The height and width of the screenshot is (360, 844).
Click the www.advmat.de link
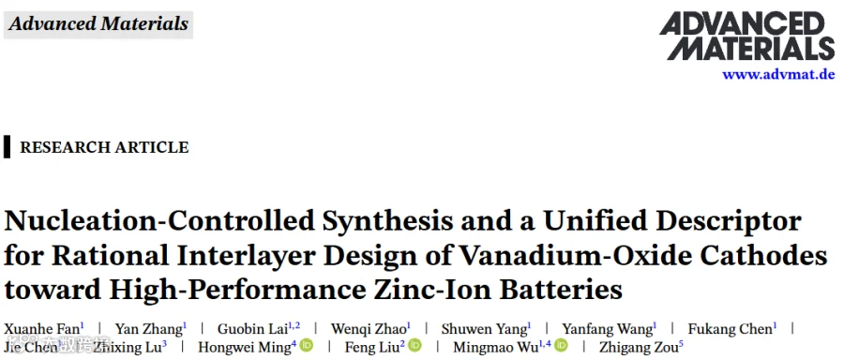tap(778, 74)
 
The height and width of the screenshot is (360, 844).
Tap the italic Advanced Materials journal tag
tap(98, 24)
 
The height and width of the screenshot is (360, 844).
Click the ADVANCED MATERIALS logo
tap(747, 36)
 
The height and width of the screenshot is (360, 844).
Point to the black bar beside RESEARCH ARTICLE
tap(7, 146)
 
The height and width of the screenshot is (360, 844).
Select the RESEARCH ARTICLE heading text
tap(104, 147)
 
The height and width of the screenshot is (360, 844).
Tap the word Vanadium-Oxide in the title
tap(565, 256)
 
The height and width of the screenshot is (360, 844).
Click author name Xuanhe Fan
tap(41, 328)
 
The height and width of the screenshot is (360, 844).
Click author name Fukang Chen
tap(731, 328)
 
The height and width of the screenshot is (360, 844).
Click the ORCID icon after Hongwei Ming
tap(307, 345)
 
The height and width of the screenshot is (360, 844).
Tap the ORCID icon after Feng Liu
tap(415, 345)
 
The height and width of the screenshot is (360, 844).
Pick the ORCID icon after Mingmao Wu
tap(561, 345)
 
